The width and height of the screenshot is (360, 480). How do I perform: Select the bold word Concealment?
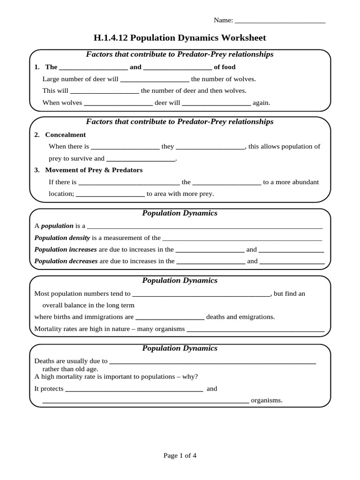65,135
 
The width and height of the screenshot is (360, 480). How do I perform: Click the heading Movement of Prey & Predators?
94,170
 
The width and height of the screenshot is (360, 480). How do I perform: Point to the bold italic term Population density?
62,238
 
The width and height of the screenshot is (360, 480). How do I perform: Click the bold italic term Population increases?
66,249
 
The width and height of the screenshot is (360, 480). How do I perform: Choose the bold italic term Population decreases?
66,261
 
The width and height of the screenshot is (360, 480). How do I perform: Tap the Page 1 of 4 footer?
180,455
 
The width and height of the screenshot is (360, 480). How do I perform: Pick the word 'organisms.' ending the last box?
267,400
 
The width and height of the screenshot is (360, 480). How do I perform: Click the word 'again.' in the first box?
262,103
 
